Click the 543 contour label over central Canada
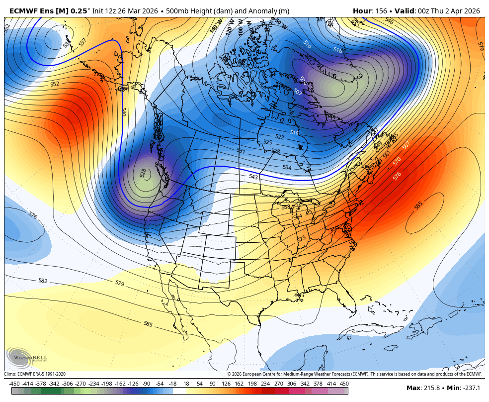tap(253, 177)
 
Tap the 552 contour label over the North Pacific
tap(55, 84)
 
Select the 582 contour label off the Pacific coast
tap(43, 281)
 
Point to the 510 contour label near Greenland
tap(307, 45)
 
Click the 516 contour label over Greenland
tap(338, 50)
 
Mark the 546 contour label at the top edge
tap(389, 21)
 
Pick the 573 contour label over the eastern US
tap(302, 239)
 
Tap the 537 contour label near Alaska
tap(82, 42)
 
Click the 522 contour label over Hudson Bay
tap(280, 137)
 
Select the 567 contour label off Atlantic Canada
tap(406, 145)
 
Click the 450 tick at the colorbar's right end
tap(344, 384)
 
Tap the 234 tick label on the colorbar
tap(265, 384)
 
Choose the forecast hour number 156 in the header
tap(381, 11)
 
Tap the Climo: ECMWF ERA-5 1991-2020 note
tap(35, 374)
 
